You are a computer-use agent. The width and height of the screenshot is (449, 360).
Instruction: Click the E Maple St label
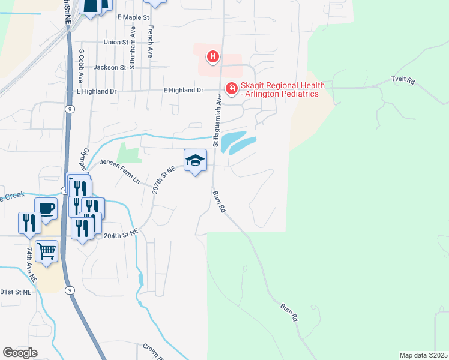tap(133, 18)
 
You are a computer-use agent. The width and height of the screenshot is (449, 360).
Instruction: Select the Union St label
tap(116, 43)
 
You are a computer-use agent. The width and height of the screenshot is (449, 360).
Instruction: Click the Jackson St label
tap(109, 68)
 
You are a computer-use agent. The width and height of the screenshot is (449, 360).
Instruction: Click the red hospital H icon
tap(212, 57)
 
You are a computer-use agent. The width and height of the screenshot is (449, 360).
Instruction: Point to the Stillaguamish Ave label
tap(219, 119)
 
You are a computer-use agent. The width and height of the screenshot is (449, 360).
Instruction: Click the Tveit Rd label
tap(403, 80)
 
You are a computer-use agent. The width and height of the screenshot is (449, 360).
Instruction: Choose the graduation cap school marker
tap(194, 160)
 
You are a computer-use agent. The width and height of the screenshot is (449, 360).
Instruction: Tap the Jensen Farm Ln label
tap(119, 171)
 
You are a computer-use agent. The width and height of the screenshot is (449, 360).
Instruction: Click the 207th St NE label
tap(163, 179)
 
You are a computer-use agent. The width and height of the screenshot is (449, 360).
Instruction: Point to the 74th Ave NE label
tap(31, 265)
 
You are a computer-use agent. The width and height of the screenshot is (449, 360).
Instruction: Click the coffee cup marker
tap(46, 209)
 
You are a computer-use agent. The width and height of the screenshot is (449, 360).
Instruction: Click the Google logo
tap(20, 353)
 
